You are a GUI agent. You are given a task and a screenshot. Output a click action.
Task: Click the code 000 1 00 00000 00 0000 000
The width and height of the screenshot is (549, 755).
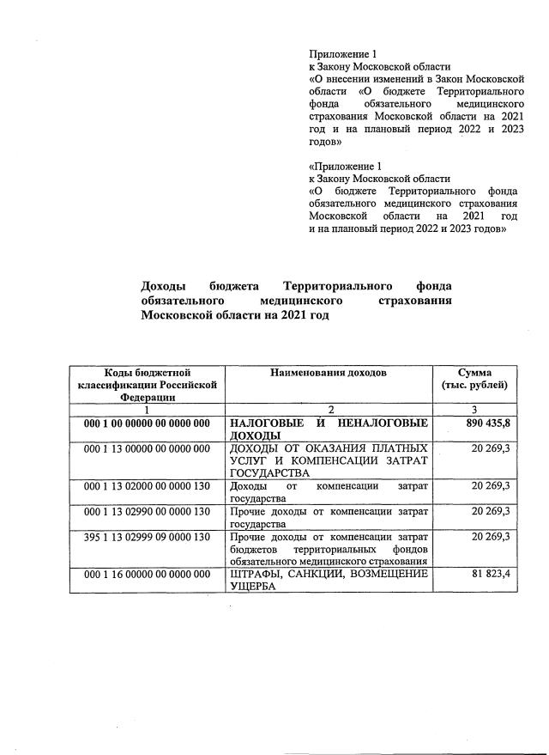tap(147, 424)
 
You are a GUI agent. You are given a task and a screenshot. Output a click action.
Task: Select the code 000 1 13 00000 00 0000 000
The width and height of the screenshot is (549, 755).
tap(147, 448)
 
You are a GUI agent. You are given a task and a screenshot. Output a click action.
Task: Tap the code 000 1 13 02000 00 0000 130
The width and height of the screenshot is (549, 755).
tap(147, 486)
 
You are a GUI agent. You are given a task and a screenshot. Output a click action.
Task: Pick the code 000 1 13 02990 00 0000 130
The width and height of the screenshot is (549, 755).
tap(147, 512)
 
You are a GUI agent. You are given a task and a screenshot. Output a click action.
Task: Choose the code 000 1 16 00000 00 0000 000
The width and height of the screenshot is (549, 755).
tap(147, 574)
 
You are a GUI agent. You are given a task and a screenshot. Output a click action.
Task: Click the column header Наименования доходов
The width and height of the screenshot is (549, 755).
tap(329, 373)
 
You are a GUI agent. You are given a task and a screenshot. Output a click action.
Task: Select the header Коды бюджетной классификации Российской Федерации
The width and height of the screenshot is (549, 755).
tap(147, 385)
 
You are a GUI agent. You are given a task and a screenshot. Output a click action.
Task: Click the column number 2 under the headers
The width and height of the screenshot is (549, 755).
tap(329, 411)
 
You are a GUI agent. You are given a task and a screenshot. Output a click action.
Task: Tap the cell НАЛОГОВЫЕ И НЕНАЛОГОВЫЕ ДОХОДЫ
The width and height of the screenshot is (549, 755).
tap(329, 429)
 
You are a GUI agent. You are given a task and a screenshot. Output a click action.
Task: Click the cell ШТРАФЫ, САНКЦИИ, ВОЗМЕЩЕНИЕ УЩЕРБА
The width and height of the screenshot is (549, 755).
tap(329, 580)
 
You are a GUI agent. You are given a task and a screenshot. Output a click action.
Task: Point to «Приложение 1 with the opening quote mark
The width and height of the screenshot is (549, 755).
tap(343, 166)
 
